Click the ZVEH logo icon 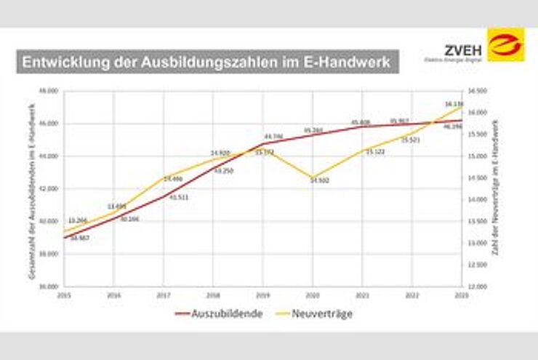pyautogui.click(x=506, y=45)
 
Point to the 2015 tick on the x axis pyautogui.click(x=64, y=295)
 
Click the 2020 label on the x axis pyautogui.click(x=312, y=295)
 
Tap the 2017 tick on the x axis pyautogui.click(x=163, y=295)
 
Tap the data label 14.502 pyautogui.click(x=320, y=180)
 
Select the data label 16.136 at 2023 pyautogui.click(x=454, y=104)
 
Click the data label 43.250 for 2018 pyautogui.click(x=222, y=170)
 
